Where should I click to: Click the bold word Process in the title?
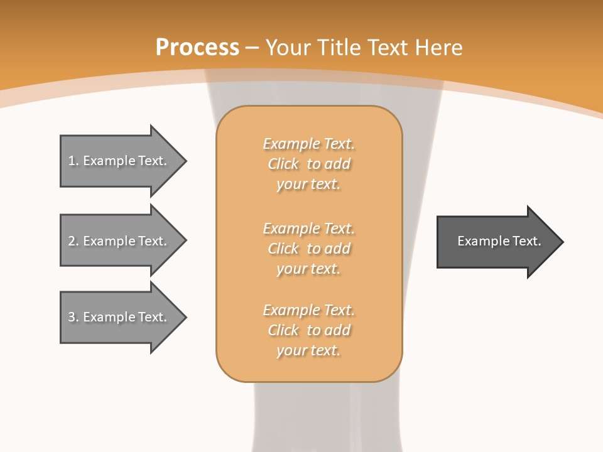click(197, 48)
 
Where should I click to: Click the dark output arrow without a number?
click(496, 242)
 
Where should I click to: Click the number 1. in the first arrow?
click(73, 161)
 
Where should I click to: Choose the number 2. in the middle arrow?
click(73, 241)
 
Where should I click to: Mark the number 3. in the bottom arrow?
click(73, 317)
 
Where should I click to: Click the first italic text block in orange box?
click(308, 164)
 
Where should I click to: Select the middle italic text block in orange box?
click(308, 249)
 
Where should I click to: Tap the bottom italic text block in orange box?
click(308, 330)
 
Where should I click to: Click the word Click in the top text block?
click(283, 164)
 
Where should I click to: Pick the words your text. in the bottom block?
click(308, 350)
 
